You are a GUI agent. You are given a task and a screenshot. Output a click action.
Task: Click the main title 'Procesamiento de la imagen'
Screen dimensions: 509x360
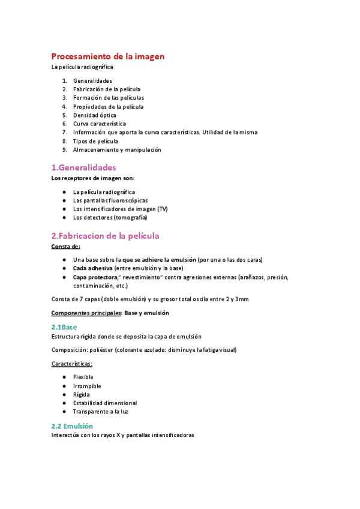[x=107, y=56]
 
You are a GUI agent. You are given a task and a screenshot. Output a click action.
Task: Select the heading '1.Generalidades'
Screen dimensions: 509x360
[x=83, y=167]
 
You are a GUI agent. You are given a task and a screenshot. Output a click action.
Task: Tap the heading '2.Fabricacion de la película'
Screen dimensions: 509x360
[x=105, y=236]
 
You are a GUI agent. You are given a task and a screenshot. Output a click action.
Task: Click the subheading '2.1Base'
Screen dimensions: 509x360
[x=64, y=327]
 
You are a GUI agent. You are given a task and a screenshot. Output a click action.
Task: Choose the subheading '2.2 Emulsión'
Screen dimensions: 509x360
[x=72, y=426]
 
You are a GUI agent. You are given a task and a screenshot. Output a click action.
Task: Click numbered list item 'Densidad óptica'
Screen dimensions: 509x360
[x=95, y=115]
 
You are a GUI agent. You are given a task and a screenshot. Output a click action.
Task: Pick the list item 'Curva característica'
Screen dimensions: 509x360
[x=99, y=124]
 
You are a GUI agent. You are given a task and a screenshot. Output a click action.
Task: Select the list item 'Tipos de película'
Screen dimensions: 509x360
[x=95, y=141]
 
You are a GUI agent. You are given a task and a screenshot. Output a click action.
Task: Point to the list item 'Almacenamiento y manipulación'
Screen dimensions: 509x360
[x=117, y=149]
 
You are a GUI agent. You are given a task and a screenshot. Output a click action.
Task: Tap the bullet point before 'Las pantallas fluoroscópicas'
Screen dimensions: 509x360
[x=64, y=200]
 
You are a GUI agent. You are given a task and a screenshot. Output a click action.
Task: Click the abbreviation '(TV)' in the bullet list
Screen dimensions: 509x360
[x=163, y=209]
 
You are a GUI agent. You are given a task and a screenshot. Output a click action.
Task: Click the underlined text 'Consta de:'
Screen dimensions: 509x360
[x=65, y=246]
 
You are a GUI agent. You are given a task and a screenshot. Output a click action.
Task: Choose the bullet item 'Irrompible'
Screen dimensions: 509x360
[x=87, y=386]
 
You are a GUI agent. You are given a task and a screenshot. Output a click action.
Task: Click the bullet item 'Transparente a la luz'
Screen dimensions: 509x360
[x=101, y=412]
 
